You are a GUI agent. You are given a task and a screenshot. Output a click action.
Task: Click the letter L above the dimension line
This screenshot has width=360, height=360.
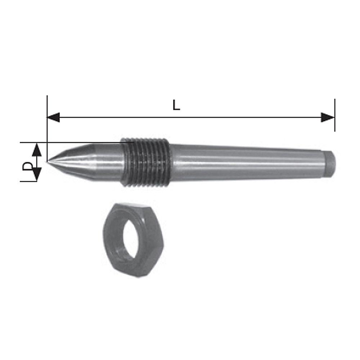[176, 105]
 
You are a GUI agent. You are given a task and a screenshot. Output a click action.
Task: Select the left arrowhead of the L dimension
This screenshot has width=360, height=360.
[53, 117]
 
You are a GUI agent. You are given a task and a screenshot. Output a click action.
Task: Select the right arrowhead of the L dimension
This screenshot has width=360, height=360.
[328, 117]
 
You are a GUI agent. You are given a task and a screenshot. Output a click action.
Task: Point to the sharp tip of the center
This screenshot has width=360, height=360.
[48, 161]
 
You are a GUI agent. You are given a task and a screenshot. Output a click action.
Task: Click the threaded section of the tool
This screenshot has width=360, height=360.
[146, 162]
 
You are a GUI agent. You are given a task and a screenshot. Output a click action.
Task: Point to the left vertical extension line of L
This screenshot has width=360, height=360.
[47, 108]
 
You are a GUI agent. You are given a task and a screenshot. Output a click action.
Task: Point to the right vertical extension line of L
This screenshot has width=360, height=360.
[335, 108]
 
